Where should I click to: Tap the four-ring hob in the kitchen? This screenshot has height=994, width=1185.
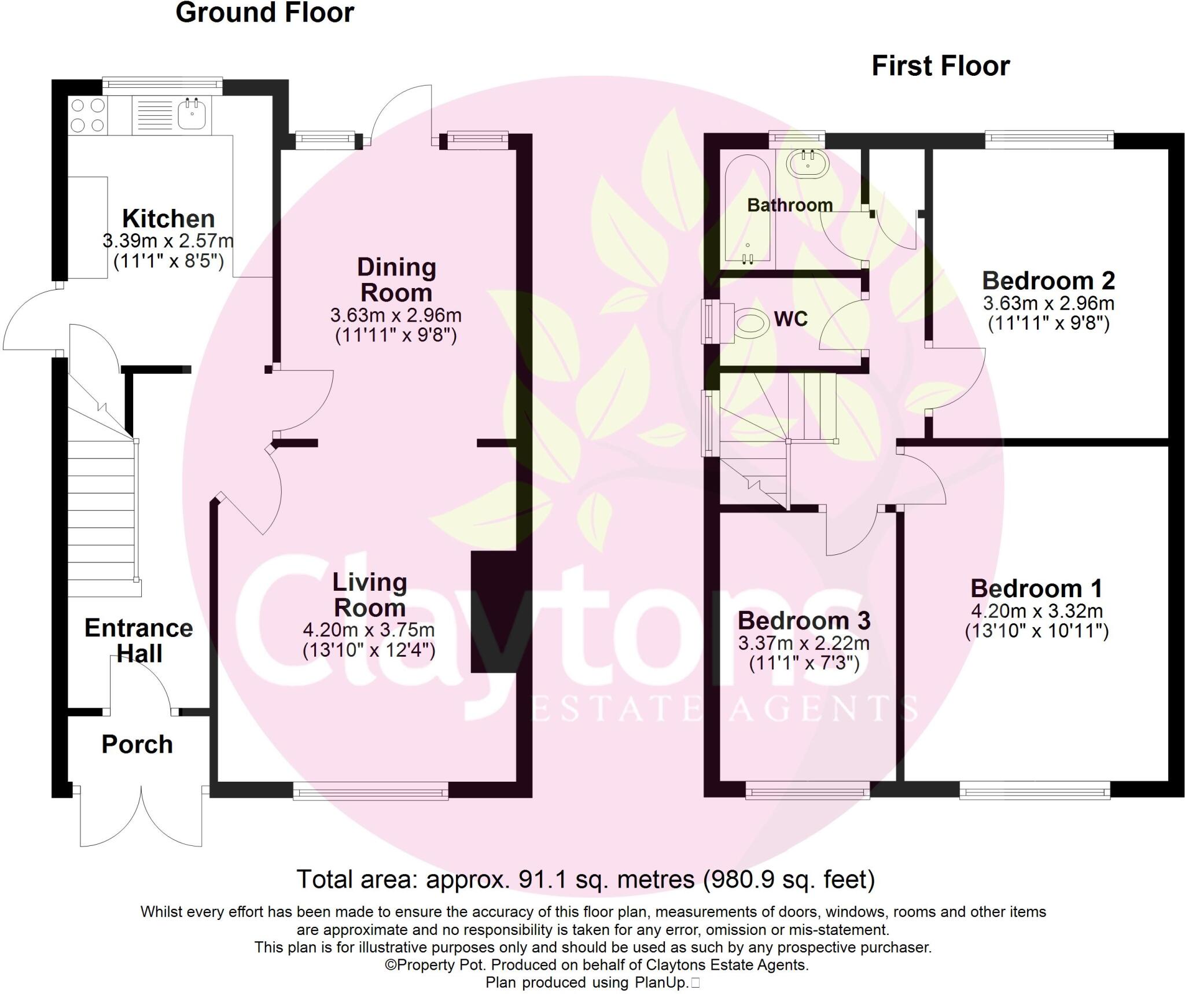88,115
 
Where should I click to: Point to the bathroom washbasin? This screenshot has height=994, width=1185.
808,161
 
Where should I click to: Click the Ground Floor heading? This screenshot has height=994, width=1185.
264,13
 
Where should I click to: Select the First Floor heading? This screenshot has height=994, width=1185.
940,66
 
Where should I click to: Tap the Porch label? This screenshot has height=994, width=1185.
137,745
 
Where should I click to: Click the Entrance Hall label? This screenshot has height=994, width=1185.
139,640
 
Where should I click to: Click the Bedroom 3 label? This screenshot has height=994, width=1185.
804,621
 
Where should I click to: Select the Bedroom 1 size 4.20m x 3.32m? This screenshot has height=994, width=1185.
1036,611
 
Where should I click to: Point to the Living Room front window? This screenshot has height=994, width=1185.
370,790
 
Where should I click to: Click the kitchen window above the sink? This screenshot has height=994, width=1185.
163,86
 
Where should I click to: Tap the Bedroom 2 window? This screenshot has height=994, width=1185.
1049,138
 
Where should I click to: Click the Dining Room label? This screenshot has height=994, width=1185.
396,279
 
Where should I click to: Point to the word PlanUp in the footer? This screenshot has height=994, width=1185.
660,982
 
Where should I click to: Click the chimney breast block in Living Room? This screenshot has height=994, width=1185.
494,612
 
